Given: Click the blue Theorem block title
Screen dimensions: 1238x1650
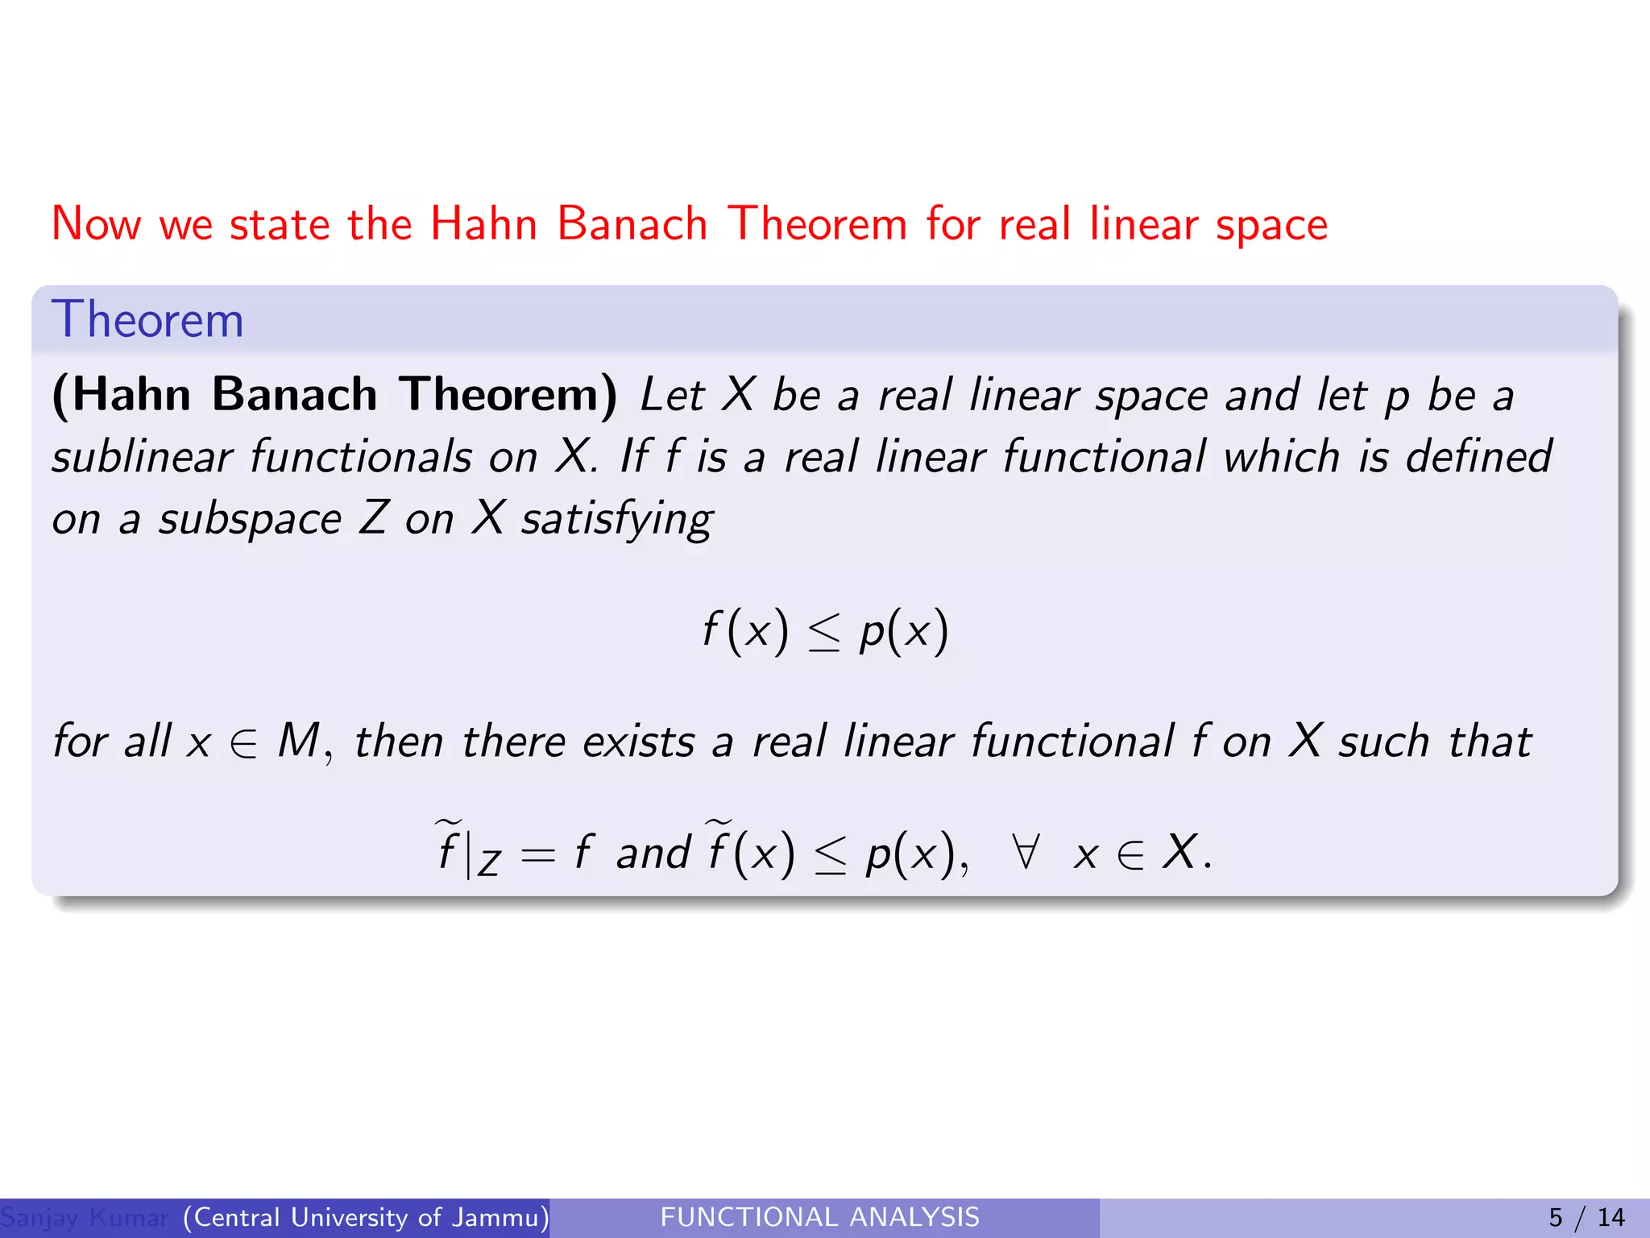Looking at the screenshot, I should point(147,320).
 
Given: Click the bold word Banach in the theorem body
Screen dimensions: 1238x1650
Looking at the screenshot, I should point(295,395).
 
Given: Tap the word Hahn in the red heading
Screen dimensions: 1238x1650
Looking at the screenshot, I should point(483,224).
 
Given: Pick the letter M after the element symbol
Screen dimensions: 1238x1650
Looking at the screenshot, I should point(299,741).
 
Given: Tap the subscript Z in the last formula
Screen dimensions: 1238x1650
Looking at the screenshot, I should point(489,865).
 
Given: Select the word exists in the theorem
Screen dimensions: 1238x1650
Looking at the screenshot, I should point(638,742).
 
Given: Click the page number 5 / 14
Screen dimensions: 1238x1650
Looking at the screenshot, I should point(1586,1217).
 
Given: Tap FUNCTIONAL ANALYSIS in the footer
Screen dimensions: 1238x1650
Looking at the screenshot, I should point(819,1217).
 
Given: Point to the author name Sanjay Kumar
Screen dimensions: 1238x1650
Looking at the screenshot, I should point(85,1217).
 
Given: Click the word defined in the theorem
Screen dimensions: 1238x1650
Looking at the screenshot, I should point(1478,457).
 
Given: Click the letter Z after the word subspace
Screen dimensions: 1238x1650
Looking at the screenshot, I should point(375,518).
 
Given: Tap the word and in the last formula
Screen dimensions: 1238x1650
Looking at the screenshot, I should point(653,854).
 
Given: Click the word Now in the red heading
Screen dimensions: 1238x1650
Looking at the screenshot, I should point(97,224).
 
